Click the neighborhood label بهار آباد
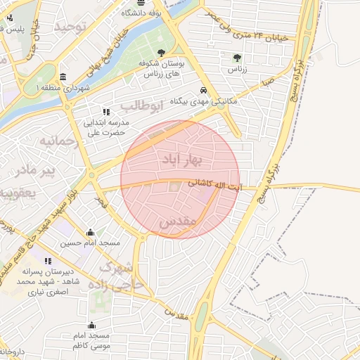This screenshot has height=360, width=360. click(x=181, y=160)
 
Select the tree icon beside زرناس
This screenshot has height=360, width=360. click(x=236, y=58)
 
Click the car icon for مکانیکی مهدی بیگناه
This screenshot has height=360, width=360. click(x=203, y=90)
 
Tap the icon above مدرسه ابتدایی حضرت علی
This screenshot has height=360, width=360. click(x=106, y=112)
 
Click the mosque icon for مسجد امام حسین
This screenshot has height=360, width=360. click(x=90, y=233)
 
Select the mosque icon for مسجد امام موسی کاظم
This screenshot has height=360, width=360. click(x=91, y=326)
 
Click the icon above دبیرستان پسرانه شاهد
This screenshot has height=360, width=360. click(x=48, y=261)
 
